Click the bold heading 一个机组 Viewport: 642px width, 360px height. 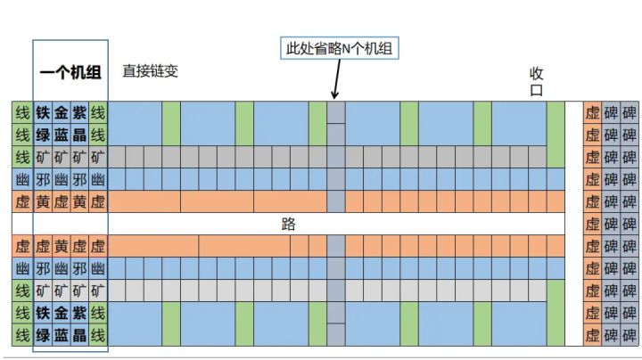point(70,72)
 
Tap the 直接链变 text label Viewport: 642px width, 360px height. point(151,71)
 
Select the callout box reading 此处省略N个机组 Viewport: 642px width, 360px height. point(340,48)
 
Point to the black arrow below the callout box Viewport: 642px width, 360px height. point(336,79)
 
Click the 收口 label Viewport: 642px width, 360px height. point(537,82)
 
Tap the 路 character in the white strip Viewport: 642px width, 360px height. point(288,224)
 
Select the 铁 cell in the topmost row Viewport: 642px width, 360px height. point(43,112)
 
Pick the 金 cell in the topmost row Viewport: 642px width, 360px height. point(61,112)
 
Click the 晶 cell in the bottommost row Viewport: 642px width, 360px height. point(79,335)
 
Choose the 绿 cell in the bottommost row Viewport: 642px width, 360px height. point(43,335)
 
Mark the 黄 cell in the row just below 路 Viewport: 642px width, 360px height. point(61,246)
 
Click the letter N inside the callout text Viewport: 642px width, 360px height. point(346,49)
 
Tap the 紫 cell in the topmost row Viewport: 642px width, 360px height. point(79,112)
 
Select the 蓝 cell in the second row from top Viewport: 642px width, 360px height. point(61,135)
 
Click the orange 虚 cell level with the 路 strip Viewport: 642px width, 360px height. point(592,224)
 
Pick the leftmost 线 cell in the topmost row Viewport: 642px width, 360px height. point(22,112)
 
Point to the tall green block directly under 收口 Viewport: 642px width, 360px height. point(556,135)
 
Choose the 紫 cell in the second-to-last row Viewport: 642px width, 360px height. point(79,313)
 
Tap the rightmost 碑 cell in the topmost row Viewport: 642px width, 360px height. point(630,112)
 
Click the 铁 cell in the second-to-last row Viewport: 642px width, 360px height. point(43,313)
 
